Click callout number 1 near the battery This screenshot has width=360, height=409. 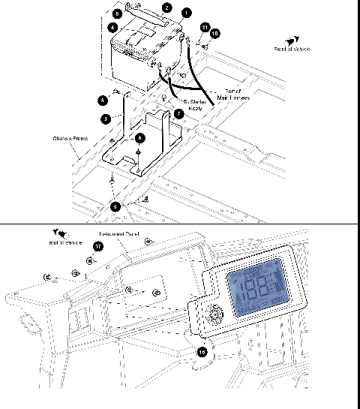[x=186, y=13]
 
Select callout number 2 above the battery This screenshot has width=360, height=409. [x=166, y=7]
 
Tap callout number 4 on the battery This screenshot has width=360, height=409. [x=112, y=28]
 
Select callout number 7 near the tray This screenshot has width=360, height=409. [x=178, y=113]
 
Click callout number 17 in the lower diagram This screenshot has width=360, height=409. [x=97, y=245]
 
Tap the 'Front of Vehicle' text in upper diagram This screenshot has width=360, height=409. [x=292, y=49]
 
